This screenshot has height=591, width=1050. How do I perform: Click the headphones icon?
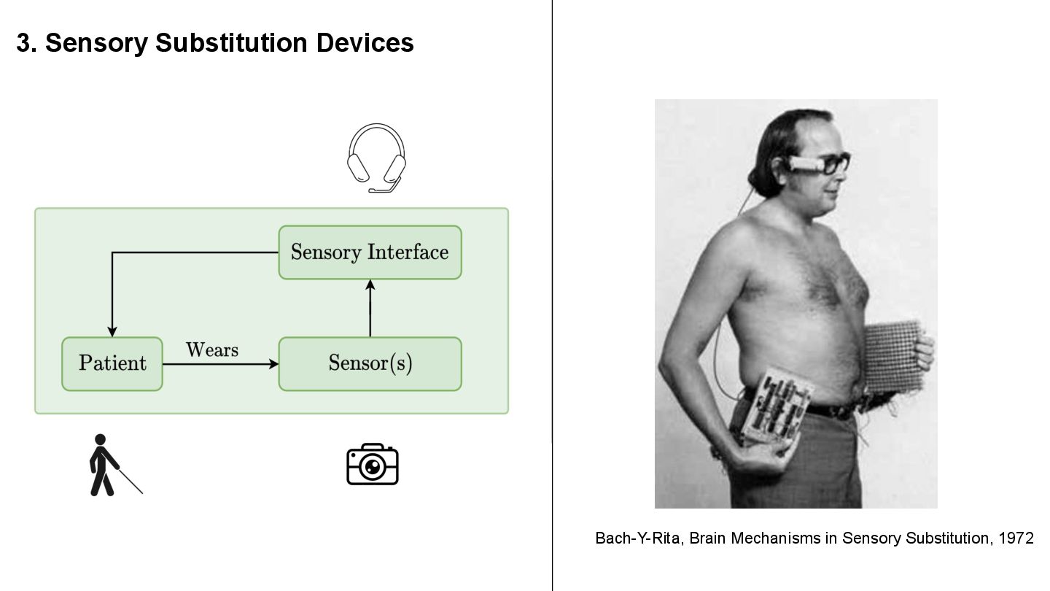[x=376, y=157]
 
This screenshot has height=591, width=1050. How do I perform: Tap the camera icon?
[x=372, y=465]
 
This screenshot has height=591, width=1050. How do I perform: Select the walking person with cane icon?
[x=108, y=466]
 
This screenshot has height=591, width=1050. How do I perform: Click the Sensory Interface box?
[x=370, y=252]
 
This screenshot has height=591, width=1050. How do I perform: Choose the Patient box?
[x=112, y=363]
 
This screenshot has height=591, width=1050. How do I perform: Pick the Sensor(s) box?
[x=370, y=363]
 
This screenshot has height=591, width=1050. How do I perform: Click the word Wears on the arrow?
[x=211, y=350]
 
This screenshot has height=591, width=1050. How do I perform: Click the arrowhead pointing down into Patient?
[x=112, y=330]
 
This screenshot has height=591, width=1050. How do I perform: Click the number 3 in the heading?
[x=24, y=43]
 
